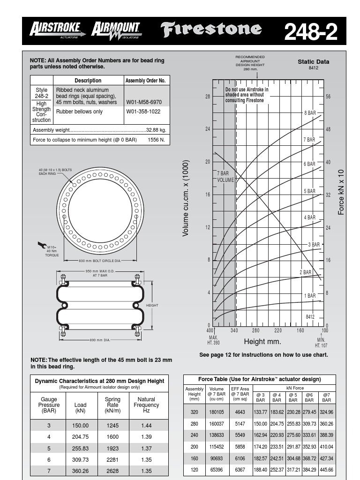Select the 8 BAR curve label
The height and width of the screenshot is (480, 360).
point(310,113)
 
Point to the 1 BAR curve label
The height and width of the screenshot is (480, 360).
point(310,296)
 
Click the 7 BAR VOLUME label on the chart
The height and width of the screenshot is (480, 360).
point(225,177)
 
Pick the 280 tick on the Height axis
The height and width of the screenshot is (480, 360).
point(255,330)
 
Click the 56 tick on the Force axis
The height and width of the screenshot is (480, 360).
point(328,97)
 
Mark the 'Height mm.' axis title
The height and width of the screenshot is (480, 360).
point(262,342)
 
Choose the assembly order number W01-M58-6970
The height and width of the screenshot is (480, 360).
point(144,102)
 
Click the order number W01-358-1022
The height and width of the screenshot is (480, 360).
point(143,112)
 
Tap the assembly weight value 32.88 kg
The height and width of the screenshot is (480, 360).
point(157,130)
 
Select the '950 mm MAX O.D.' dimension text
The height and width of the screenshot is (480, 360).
point(100,271)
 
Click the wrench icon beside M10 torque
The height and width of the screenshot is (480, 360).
point(42,244)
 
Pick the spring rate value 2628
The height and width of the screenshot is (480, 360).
point(112,471)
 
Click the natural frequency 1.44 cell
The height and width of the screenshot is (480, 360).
point(146,426)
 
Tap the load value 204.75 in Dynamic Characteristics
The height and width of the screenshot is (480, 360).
point(80,437)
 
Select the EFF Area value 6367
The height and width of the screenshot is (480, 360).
point(240,469)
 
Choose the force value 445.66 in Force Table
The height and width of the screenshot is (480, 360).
point(326,469)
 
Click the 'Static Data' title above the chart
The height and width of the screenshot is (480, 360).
point(313,61)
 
